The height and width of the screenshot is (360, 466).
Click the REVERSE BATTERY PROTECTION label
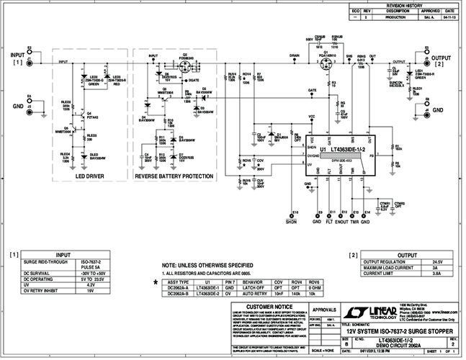tap(173, 175)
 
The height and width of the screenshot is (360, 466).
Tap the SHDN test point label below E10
tap(291, 222)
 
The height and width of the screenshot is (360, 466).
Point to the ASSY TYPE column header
tap(178, 282)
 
